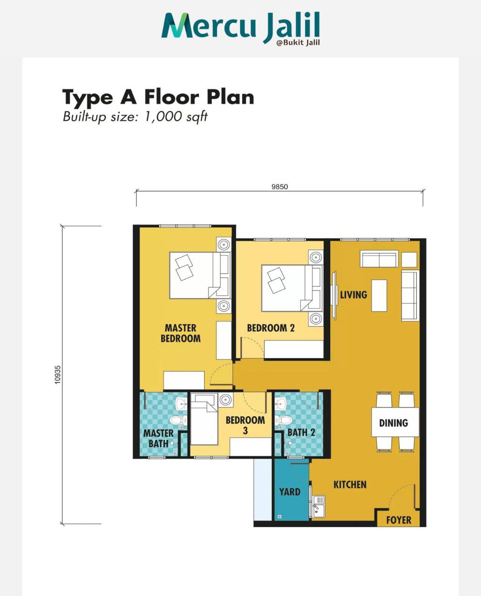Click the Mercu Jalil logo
point(240,28)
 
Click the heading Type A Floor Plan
point(158,97)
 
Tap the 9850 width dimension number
point(279,187)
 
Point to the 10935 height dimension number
point(58,375)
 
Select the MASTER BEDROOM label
point(181,333)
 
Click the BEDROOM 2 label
point(271,328)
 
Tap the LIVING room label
point(353,295)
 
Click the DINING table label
point(393,423)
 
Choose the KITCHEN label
point(350,485)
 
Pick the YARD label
point(290,492)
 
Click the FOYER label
point(399,520)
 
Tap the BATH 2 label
point(301,432)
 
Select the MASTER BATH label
point(158,438)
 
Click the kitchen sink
point(318,505)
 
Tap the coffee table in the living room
point(379,296)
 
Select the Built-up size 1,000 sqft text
point(135,116)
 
